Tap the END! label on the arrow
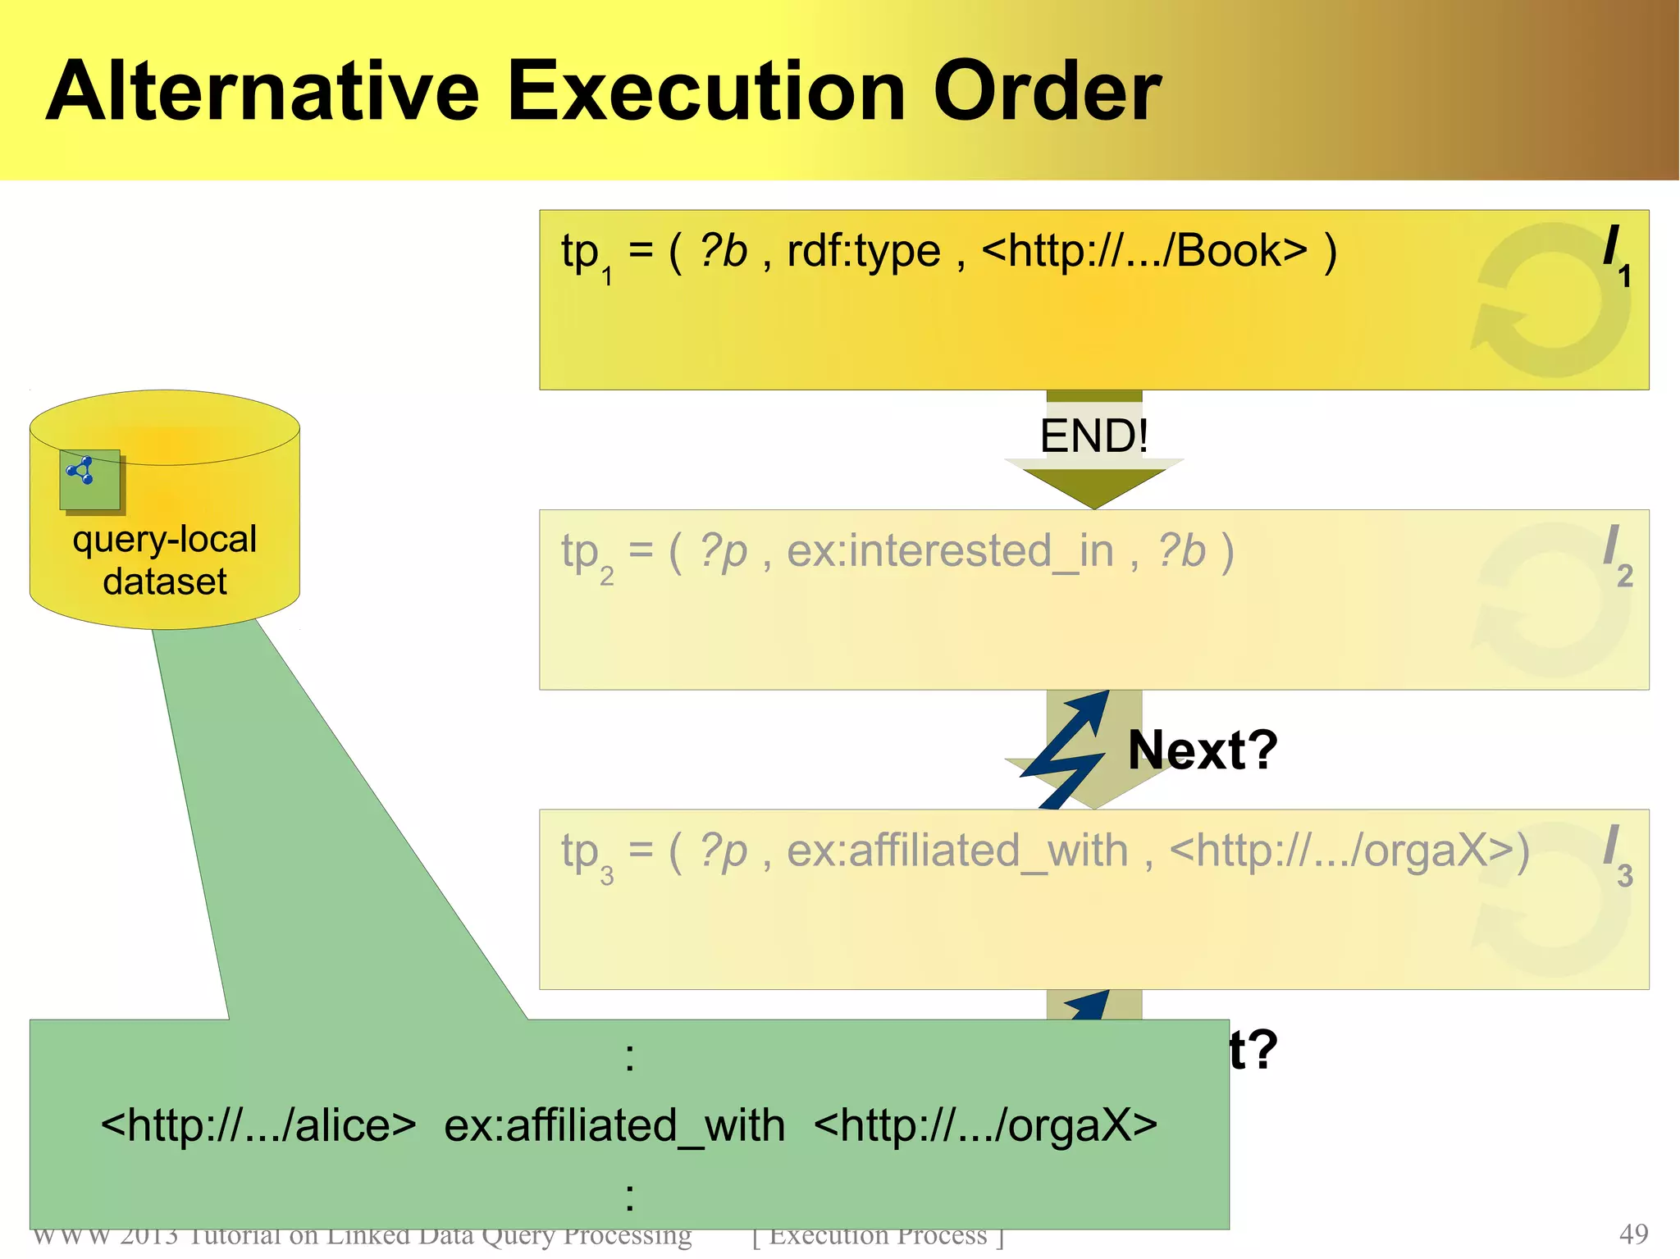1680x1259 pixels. pyautogui.click(x=1093, y=436)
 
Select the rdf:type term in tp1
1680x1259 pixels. pyautogui.click(x=863, y=251)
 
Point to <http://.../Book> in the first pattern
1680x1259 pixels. pyautogui.click(x=1144, y=251)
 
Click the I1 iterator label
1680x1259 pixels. pyautogui.click(x=1616, y=254)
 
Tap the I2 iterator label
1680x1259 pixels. pyautogui.click(x=1617, y=554)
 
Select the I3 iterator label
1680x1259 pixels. pyautogui.click(x=1617, y=855)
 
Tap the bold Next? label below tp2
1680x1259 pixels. pyautogui.click(x=1203, y=750)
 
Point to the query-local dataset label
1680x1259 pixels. pyautogui.click(x=164, y=560)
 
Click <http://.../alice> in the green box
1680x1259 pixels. pyautogui.click(x=258, y=1125)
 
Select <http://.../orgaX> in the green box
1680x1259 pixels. pyautogui.click(x=985, y=1125)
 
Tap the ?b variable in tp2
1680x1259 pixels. pyautogui.click(x=1181, y=551)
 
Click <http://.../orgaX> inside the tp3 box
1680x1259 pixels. pyautogui.click(x=1349, y=851)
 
